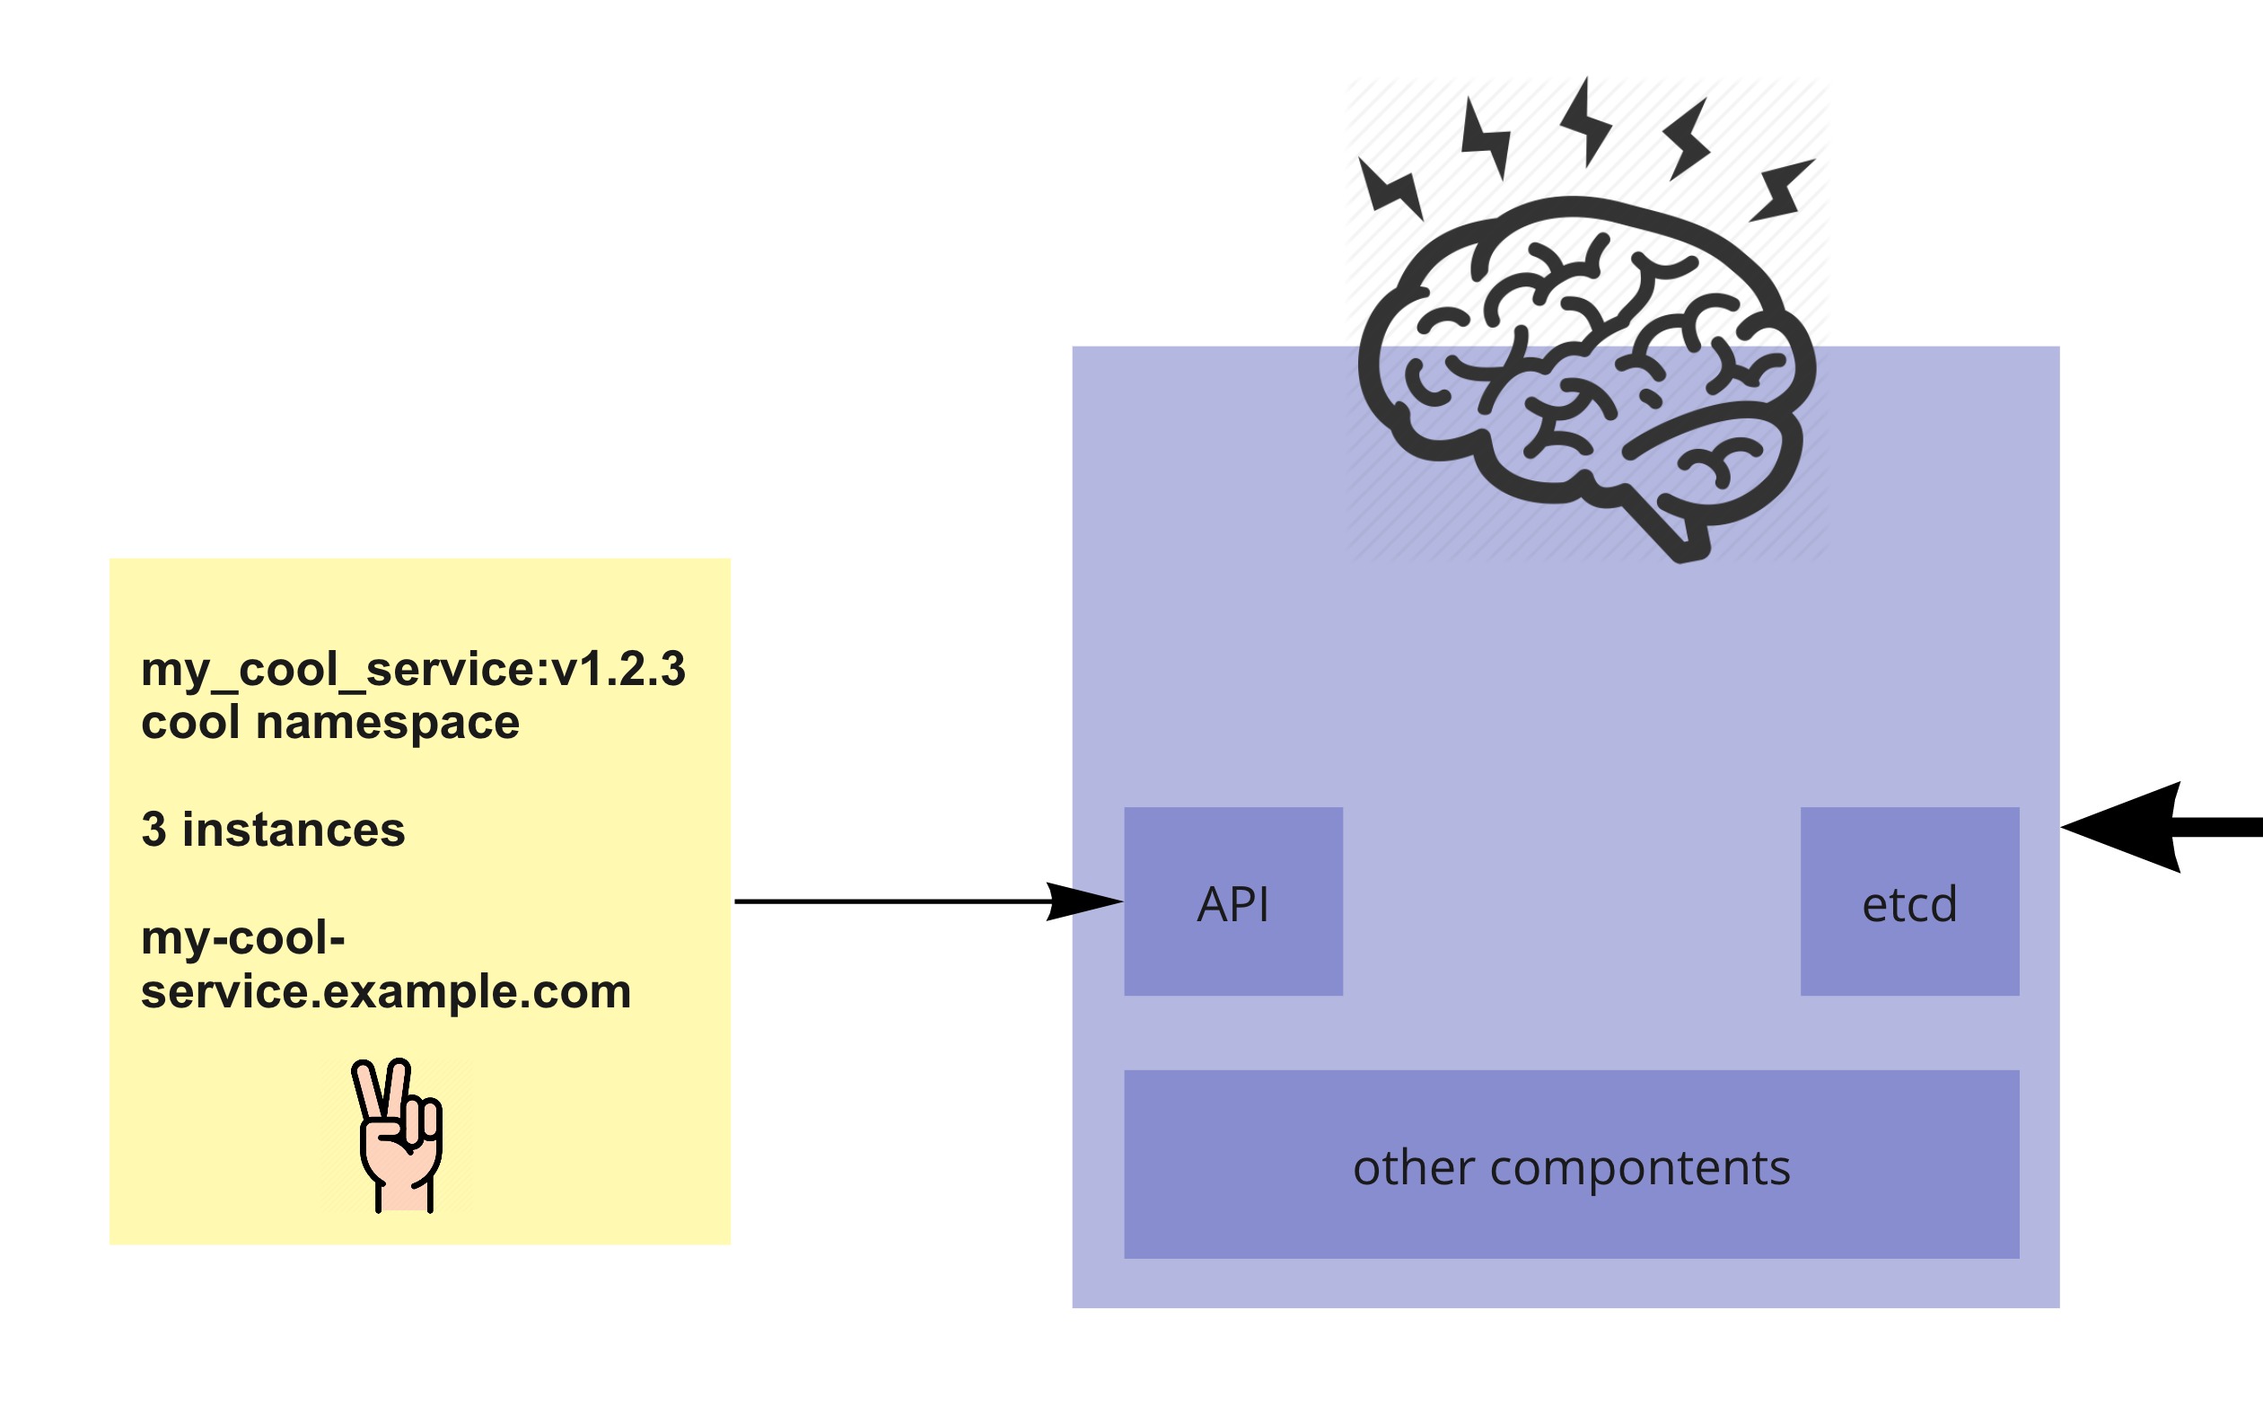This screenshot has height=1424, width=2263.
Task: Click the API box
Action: [1233, 901]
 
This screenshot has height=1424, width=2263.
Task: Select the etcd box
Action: [1909, 901]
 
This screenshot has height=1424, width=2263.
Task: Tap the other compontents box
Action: [1571, 1165]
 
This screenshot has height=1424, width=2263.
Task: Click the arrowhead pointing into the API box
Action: [1085, 901]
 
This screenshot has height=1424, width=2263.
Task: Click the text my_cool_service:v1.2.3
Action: [413, 669]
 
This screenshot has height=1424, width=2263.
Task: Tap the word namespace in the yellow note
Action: [387, 723]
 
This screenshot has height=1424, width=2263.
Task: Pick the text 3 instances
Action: [273, 830]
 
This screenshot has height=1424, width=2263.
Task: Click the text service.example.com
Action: [385, 991]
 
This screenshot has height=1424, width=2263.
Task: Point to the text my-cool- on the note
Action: [242, 937]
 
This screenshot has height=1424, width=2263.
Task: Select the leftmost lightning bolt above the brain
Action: [1390, 188]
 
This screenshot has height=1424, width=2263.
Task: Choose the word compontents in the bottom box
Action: [1640, 1167]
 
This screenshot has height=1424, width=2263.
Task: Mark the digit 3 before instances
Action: [154, 830]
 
